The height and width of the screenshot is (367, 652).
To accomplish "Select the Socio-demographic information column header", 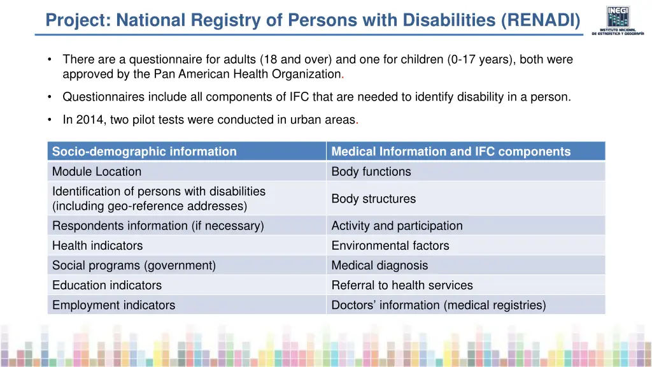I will (x=145, y=152).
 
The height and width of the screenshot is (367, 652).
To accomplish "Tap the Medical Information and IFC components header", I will (x=451, y=152).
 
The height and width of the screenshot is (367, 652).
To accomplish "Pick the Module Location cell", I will (x=97, y=171).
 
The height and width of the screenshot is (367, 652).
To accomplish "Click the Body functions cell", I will (x=371, y=171).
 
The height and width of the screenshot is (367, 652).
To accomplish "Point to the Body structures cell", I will (x=373, y=199).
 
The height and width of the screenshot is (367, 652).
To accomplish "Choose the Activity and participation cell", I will (x=397, y=226).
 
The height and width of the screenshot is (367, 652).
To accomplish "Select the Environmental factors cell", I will (x=390, y=245).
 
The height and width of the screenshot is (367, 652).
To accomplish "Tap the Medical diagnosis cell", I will (x=379, y=265).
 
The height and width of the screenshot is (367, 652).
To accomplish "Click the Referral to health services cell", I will (x=402, y=285).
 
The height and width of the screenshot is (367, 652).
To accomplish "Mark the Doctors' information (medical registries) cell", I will (x=438, y=305).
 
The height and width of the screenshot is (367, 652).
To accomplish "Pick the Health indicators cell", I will (x=97, y=245).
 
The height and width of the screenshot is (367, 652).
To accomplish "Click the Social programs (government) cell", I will (x=134, y=265).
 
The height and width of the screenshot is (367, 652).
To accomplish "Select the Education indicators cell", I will (x=107, y=285).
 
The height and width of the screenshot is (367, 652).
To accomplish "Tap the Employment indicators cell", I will (x=113, y=305).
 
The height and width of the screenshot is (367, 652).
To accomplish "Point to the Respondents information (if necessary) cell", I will (x=158, y=226).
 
